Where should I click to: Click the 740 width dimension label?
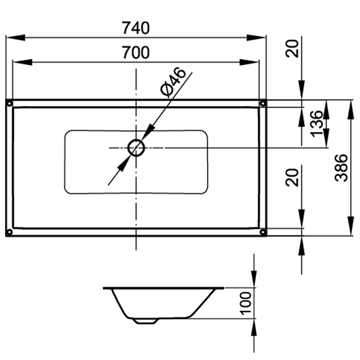[x=136, y=28]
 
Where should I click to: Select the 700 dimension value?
[x=136, y=52]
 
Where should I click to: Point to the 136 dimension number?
[x=316, y=123]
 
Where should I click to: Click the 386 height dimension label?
[x=341, y=168]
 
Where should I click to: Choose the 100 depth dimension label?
[x=245, y=303]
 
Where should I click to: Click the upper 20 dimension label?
[x=292, y=48]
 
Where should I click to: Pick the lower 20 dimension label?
[x=292, y=177]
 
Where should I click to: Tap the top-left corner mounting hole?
[x=9, y=103]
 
